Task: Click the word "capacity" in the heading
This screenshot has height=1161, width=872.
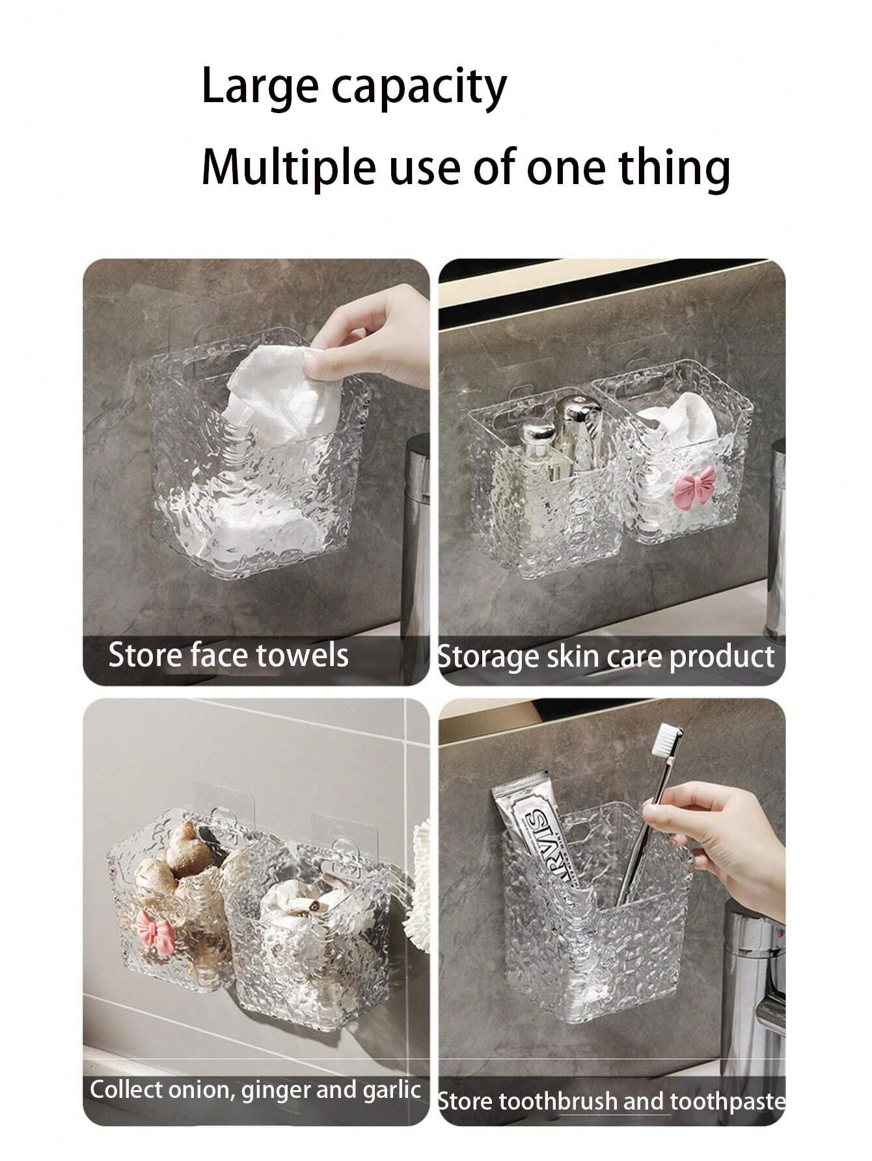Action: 420,88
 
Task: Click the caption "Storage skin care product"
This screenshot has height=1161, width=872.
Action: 606,657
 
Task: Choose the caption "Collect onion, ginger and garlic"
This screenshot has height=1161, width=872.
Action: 255,1090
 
